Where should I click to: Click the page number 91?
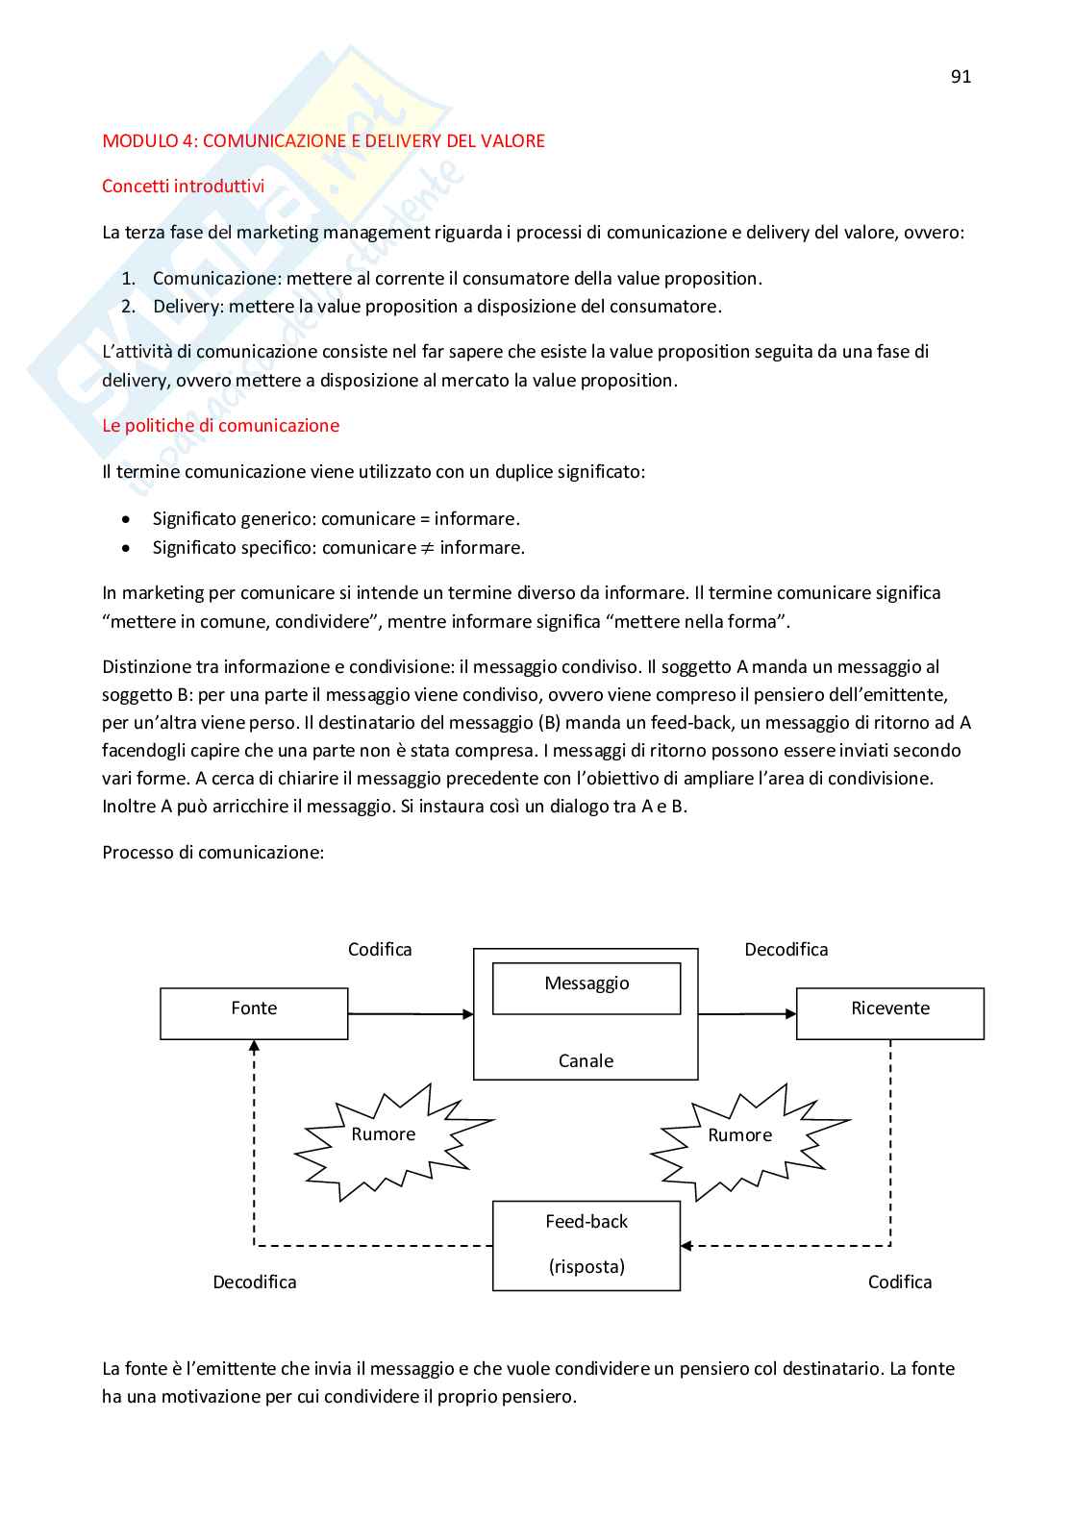pos(961,77)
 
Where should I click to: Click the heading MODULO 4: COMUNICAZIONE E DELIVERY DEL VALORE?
pos(323,141)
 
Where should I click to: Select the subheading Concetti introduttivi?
pos(183,187)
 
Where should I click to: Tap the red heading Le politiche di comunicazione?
pos(220,426)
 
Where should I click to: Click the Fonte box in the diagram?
pos(254,1013)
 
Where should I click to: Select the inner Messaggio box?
pos(586,987)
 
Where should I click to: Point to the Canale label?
pos(586,1061)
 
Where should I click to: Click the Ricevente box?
pos(890,1013)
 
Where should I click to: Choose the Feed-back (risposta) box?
pos(586,1245)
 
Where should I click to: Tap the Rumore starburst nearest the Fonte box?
pos(385,1139)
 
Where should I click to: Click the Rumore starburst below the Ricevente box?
pos(741,1140)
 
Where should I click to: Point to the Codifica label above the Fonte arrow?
pos(380,950)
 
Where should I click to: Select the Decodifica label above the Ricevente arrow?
pos(786,950)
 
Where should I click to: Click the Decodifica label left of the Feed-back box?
pos(255,1282)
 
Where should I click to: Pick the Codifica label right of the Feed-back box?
pos(899,1282)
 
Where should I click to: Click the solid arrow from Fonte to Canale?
pos(411,1014)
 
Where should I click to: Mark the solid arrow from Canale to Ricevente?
pos(747,1014)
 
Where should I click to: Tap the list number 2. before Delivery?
pos(129,307)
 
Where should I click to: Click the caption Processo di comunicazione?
pos(212,853)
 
